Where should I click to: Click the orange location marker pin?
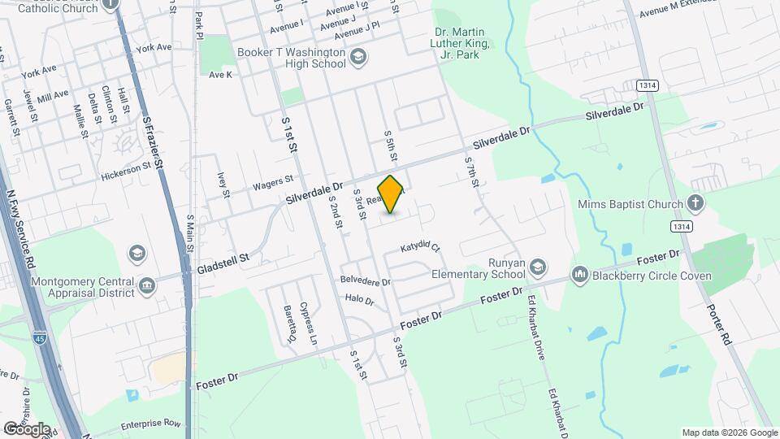tap(391, 194)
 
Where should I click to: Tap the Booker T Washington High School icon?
tap(358, 57)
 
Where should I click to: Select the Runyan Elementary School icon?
tap(539, 266)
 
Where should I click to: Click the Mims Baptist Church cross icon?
tap(695, 202)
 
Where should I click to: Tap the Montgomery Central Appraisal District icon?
tap(147, 285)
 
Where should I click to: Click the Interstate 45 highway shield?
tap(40, 337)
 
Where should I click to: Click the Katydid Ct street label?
tap(420, 247)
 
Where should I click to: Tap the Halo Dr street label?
tap(359, 300)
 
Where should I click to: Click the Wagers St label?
tap(272, 182)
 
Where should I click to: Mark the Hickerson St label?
tap(126, 171)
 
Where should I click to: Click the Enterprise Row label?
tap(150, 424)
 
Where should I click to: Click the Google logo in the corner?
tap(27, 428)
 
